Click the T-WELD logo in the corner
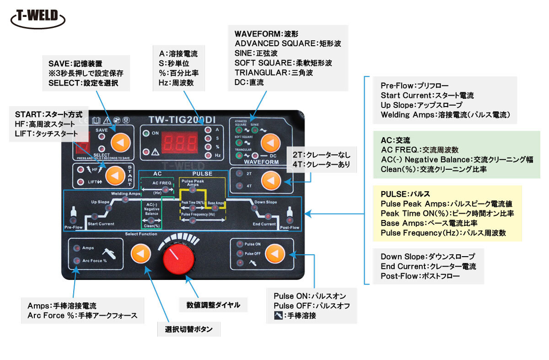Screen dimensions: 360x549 click(38, 18)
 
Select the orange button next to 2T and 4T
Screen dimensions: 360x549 click(270, 181)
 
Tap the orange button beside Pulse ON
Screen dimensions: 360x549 click(274, 253)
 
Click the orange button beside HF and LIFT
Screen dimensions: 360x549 click(115, 176)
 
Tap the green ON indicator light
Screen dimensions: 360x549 click(146, 134)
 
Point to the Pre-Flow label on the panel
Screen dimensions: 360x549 click(73, 227)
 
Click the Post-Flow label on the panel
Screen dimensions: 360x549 click(289, 227)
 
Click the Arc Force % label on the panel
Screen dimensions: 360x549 click(94, 261)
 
